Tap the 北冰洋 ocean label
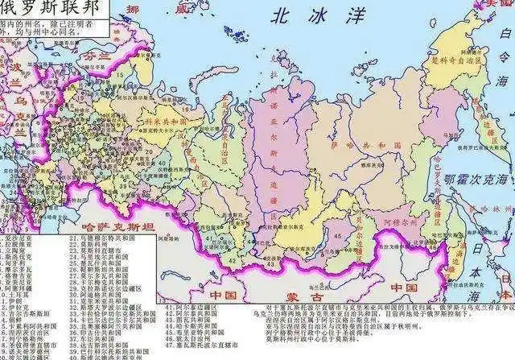point(302,14)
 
